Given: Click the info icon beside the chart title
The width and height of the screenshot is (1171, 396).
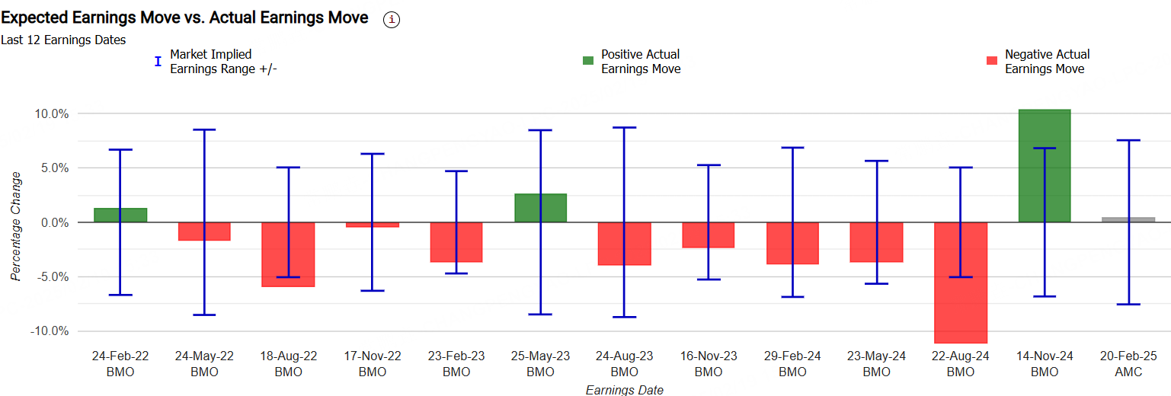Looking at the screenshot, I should pos(392,20).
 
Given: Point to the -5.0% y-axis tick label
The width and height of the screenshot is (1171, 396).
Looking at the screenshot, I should pos(51,277).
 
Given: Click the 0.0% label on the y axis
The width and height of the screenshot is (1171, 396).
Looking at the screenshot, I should pos(54,222).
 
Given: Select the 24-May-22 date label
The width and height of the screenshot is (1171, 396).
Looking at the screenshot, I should pos(204,356).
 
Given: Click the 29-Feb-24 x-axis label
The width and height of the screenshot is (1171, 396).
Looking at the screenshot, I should pos(792,356).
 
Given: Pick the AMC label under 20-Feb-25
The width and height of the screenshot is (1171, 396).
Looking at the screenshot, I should pos(1128,372).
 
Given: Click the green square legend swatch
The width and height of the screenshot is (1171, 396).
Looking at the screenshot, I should pos(588,61).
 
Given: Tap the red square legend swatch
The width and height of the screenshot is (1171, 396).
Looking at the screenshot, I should pos(992,61).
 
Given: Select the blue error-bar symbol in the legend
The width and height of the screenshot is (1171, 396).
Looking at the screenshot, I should pos(158,61).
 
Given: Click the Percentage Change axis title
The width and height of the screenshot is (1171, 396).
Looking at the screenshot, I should pos(16,226).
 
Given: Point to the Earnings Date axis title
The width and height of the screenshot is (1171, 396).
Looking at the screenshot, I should pos(624,390).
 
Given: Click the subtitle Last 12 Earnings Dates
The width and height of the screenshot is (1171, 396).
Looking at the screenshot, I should pos(63,40).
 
